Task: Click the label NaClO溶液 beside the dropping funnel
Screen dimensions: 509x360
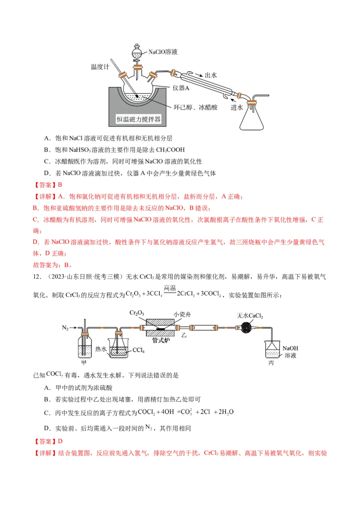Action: (163, 52)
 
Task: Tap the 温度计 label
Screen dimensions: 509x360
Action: (100, 67)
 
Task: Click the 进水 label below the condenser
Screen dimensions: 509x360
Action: (237, 107)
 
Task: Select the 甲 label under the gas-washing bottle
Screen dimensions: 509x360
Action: (84, 361)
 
